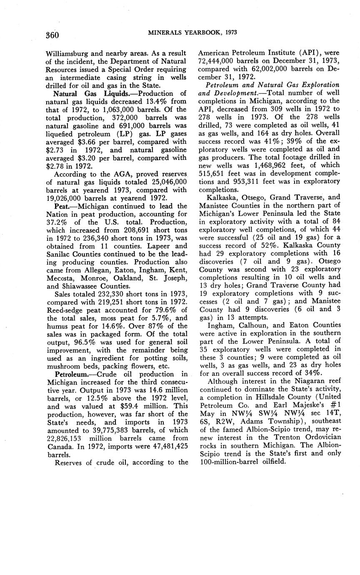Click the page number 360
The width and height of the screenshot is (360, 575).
[53, 34]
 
